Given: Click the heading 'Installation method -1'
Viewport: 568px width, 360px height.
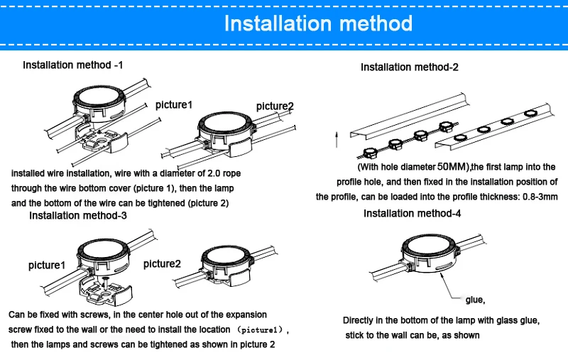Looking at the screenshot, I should pos(72,65).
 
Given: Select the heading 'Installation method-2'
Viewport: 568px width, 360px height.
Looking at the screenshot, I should pos(410,67).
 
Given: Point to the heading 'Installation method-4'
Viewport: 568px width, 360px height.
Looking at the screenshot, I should pos(412,214).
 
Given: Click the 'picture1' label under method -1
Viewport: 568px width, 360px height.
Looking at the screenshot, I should pos(174,105).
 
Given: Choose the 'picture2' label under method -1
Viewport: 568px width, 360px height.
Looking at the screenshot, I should pos(275,107).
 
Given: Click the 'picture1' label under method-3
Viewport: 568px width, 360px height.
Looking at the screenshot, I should pos(47,266).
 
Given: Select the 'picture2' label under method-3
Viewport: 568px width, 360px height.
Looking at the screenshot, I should pos(162,263).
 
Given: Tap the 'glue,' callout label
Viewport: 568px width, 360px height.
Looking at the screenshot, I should pos(474,299).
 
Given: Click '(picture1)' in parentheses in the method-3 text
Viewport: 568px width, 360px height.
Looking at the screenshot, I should pos(263,330).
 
